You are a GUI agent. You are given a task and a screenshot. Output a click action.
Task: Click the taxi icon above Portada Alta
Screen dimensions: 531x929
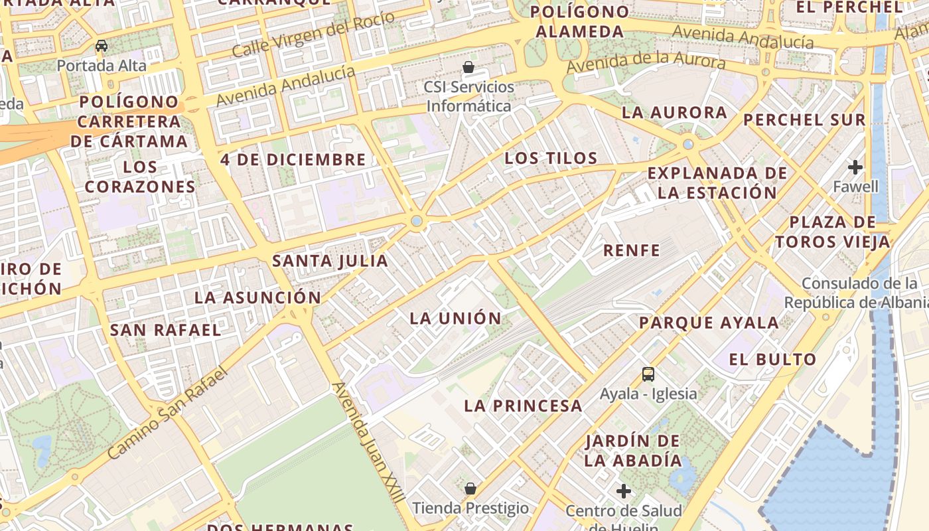pos(102,46)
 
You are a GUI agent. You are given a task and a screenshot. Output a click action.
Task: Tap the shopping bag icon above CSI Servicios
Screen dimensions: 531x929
pos(468,67)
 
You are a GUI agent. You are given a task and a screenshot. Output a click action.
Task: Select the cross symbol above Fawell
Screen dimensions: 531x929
pos(855,167)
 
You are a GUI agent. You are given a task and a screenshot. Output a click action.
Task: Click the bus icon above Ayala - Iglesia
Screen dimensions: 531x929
pos(648,374)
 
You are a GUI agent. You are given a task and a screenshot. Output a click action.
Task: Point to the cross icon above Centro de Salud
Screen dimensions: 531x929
pos(623,491)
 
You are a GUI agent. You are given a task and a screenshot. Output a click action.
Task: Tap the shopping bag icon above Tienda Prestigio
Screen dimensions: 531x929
pos(470,489)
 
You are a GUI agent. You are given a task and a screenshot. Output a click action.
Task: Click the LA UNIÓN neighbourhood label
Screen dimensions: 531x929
pos(455,318)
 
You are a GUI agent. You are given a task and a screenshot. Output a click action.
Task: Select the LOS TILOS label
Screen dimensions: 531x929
pos(551,158)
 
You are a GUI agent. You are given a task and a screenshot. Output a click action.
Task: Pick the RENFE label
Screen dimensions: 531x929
pos(631,250)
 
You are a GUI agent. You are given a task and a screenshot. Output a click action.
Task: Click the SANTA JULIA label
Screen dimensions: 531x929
pos(330,261)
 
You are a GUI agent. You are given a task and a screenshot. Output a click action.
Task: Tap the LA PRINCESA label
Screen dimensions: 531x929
pos(523,406)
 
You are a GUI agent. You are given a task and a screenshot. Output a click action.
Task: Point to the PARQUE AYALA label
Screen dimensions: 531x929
pos(709,323)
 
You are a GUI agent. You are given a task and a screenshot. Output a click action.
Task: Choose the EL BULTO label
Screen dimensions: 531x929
pos(772,360)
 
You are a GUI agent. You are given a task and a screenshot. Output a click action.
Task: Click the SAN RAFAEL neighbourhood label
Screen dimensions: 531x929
pos(165,330)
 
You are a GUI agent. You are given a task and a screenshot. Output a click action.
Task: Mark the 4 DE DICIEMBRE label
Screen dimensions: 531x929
pos(293,160)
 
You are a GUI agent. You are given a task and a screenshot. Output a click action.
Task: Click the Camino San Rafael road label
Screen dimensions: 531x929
pos(167,413)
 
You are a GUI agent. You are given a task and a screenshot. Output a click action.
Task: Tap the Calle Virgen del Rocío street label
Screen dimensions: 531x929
pos(313,34)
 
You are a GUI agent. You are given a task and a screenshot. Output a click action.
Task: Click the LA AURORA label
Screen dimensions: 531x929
pos(674,113)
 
